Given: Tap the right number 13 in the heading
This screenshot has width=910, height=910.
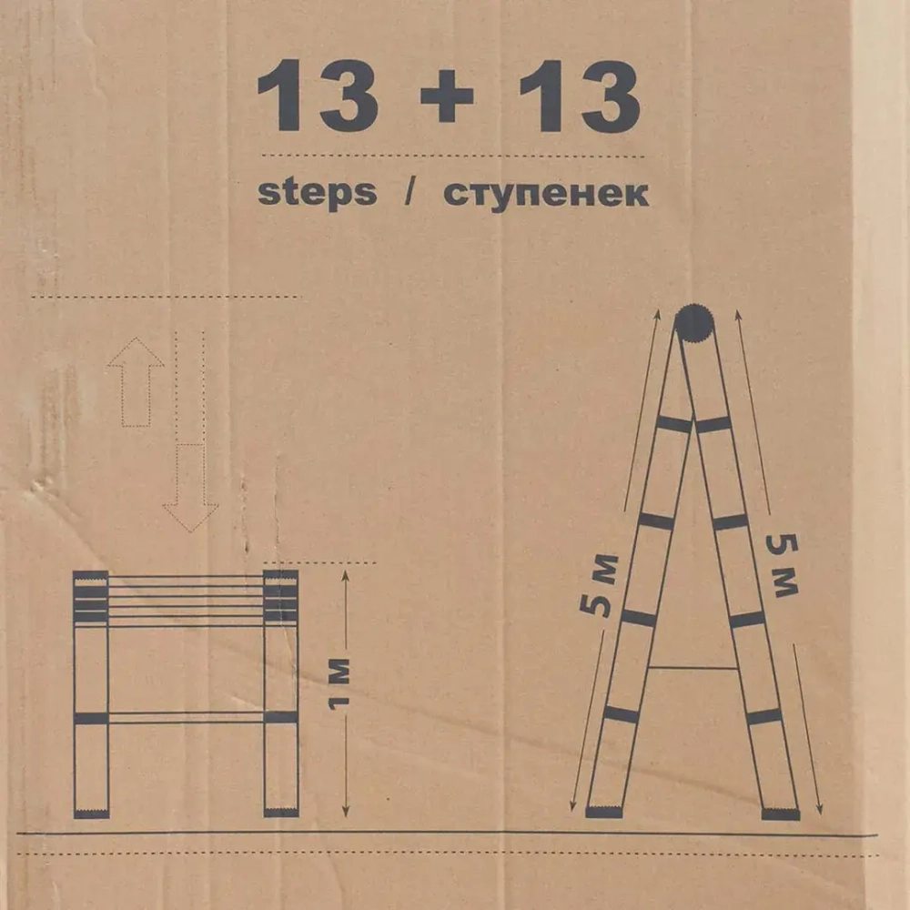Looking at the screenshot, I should pyautogui.click(x=579, y=96).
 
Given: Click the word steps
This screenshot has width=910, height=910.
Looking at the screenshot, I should pyautogui.click(x=317, y=193).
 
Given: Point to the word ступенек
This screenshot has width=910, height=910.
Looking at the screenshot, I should pyautogui.click(x=546, y=194).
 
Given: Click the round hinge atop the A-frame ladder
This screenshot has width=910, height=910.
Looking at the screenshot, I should pyautogui.click(x=693, y=323).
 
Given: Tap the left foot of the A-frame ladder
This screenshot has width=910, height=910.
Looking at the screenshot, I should pyautogui.click(x=603, y=812).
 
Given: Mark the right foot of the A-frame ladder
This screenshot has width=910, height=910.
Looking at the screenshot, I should pyautogui.click(x=780, y=814).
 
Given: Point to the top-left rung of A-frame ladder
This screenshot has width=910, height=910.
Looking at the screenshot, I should pyautogui.click(x=674, y=424).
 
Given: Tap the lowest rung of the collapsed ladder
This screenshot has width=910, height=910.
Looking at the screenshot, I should pyautogui.click(x=187, y=718).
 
